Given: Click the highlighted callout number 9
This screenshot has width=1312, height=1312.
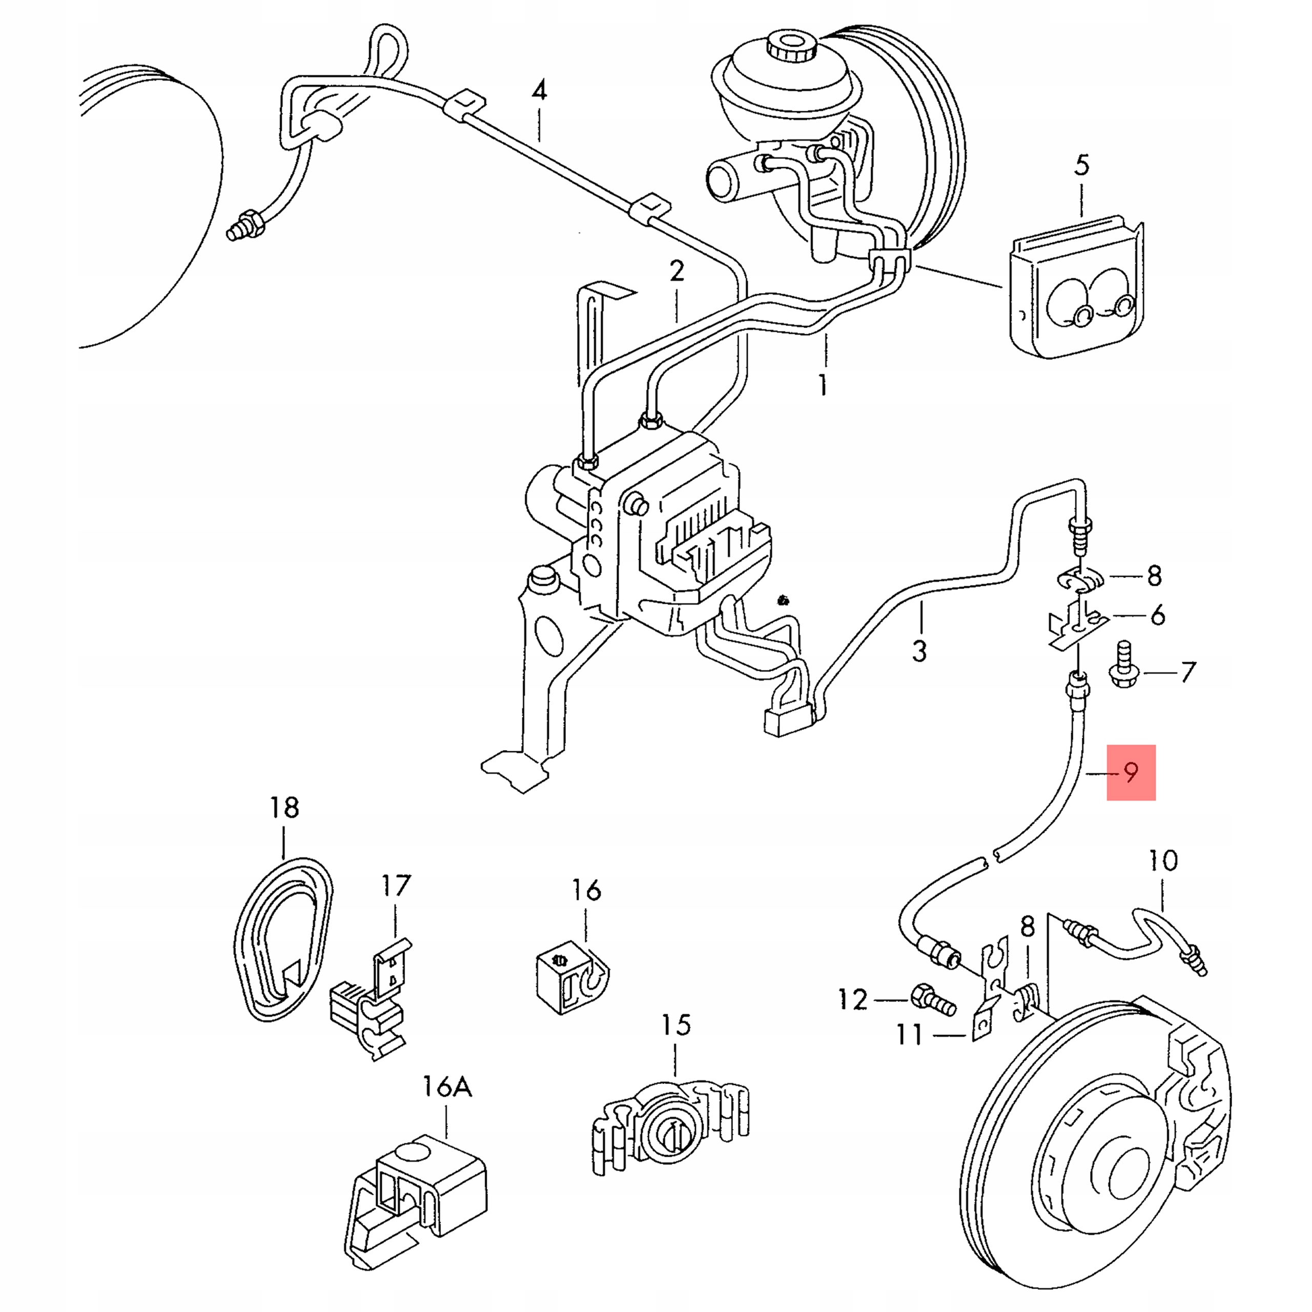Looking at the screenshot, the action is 1130,772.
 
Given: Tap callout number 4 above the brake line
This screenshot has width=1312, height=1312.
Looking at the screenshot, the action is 539,90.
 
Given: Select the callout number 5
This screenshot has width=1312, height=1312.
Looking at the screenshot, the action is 1082,165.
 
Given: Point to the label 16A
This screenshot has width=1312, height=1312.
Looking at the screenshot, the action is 447,1086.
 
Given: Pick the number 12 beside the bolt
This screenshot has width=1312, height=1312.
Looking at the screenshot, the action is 853,999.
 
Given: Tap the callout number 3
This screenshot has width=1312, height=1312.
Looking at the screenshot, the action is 919,650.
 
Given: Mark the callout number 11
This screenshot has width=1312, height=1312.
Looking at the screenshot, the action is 910,1034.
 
